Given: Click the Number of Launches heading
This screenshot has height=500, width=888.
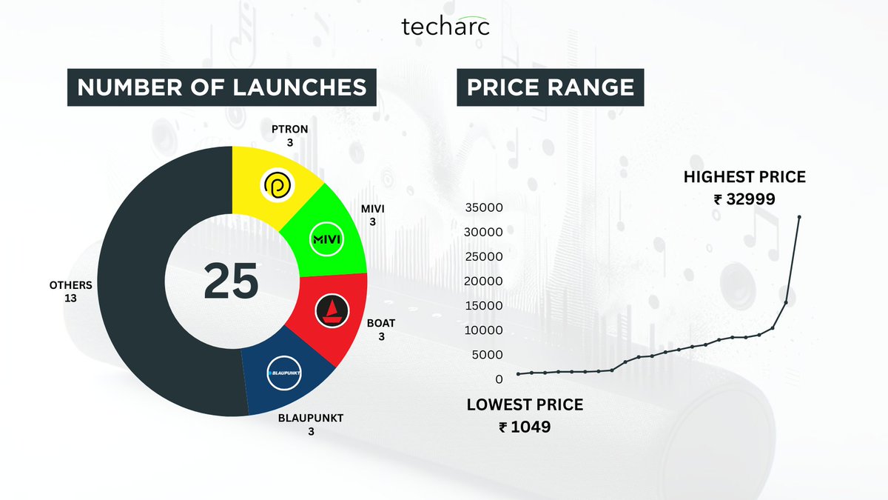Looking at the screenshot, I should [x=222, y=87].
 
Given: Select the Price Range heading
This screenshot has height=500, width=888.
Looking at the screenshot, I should [x=550, y=87].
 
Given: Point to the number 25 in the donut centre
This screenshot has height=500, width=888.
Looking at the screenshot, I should [x=232, y=281].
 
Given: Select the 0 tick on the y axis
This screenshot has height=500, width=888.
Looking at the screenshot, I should [x=499, y=379].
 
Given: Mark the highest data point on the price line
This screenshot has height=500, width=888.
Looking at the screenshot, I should [x=799, y=217].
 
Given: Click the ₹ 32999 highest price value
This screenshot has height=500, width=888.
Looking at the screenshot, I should [x=744, y=199].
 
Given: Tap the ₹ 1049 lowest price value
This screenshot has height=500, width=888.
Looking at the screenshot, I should [x=525, y=427].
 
